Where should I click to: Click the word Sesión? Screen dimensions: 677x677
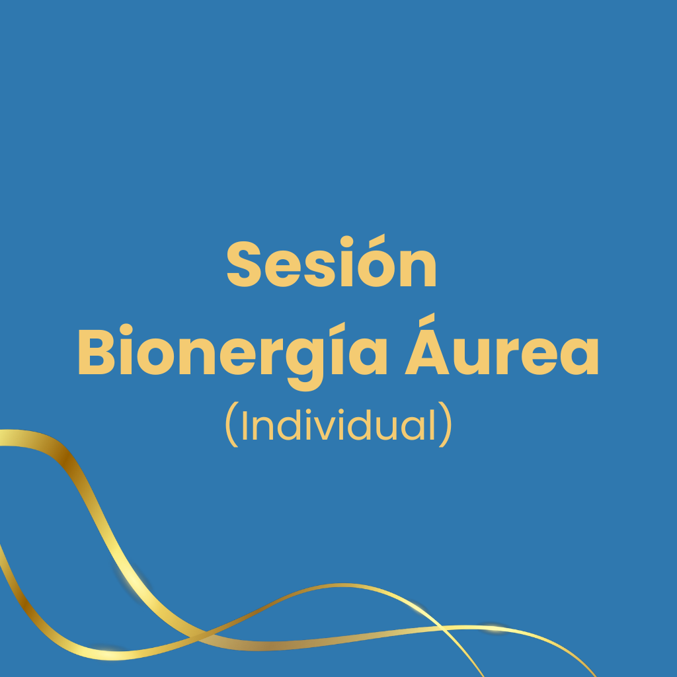tap(332, 261)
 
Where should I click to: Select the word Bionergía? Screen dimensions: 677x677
tap(233, 356)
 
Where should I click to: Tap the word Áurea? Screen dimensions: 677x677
tap(502, 344)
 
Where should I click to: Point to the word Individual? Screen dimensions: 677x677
tap(338, 424)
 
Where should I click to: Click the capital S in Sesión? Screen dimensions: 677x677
tap(244, 264)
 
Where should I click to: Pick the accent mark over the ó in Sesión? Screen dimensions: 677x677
tap(377, 241)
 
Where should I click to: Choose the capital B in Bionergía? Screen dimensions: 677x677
tap(97, 352)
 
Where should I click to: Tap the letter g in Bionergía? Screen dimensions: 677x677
tap(305, 364)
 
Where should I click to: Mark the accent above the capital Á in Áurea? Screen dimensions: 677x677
tap(426, 320)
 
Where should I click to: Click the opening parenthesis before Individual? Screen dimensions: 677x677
tap(232, 424)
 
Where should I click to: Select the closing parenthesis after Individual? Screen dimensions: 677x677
tap(445, 424)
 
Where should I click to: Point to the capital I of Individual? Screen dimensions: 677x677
tap(245, 425)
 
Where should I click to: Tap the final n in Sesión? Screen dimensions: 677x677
tap(418, 268)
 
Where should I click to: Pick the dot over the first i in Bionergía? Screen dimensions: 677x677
tap(126, 329)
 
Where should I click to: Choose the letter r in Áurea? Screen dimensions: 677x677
tap(508, 356)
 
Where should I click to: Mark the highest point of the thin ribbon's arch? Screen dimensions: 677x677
tap(343, 586)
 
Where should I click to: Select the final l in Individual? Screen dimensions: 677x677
tap(432, 424)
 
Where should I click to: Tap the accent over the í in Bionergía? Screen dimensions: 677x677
tap(337, 329)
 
